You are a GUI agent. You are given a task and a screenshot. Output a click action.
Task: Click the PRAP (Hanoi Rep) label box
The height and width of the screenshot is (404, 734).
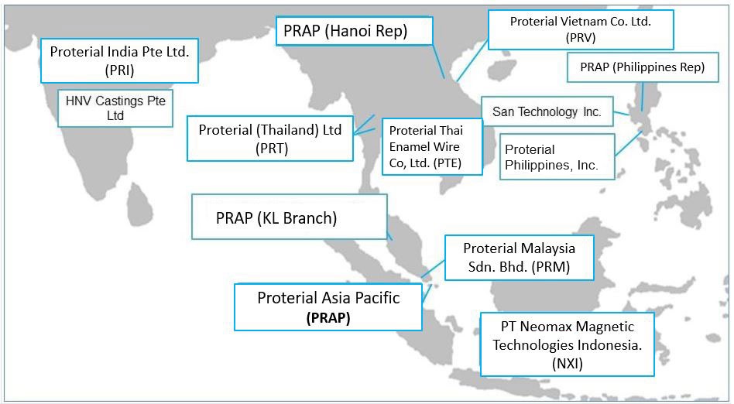(355, 32)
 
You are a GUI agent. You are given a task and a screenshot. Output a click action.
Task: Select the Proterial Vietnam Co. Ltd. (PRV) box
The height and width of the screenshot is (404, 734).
(581, 29)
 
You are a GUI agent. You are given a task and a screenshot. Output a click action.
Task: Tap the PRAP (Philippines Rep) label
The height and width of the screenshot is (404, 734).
(643, 67)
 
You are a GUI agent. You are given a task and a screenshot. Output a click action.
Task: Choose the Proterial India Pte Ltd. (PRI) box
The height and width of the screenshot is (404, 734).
(119, 61)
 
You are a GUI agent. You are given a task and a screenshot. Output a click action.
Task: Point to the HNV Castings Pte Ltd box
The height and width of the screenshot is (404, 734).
(115, 108)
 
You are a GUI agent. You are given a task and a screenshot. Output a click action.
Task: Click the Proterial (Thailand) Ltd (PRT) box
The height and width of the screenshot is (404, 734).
(270, 139)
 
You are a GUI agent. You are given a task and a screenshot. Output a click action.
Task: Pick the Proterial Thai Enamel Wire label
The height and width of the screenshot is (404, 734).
(432, 146)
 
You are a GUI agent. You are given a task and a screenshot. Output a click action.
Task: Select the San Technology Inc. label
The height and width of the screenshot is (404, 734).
(547, 111)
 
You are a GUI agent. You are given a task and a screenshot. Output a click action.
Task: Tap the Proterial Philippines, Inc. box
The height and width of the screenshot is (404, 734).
(557, 157)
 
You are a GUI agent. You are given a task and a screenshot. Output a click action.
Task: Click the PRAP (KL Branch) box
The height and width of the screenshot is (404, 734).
(290, 217)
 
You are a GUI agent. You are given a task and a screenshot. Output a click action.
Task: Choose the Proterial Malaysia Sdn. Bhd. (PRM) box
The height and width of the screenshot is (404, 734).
(519, 258)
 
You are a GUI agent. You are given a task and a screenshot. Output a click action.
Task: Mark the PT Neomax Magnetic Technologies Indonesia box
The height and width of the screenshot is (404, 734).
(567, 344)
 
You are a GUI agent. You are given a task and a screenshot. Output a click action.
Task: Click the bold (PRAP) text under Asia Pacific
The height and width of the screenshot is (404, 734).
(328, 318)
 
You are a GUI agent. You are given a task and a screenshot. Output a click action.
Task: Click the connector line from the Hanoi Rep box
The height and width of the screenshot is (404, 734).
(438, 61)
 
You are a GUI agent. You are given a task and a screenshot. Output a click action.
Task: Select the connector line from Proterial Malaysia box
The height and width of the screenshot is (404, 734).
(433, 269)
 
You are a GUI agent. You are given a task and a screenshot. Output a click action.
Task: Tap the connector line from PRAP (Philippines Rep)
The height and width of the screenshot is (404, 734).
(643, 97)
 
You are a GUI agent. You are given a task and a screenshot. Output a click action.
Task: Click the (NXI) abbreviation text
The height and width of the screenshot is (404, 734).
(568, 364)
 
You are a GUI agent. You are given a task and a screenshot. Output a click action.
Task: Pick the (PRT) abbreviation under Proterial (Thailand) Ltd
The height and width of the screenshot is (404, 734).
(272, 149)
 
